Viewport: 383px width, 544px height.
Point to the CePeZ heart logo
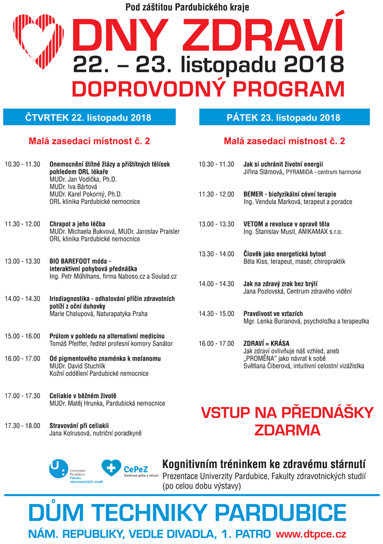tap(110, 468)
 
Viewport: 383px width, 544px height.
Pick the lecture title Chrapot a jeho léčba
tap(77, 224)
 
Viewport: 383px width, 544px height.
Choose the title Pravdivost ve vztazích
tap(274, 314)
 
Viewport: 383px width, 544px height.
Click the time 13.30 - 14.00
tap(216, 254)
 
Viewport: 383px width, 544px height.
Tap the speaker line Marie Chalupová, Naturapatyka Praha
tap(98, 314)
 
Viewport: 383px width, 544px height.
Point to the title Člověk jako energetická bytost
tap(284, 254)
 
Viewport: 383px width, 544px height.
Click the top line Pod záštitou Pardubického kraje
tap(187, 7)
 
